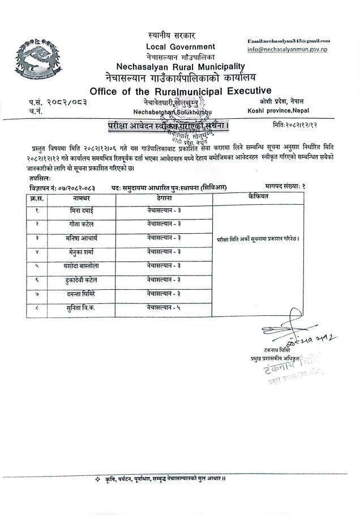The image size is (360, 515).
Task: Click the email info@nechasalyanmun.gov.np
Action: (290, 50)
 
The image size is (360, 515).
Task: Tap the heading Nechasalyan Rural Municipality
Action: (181, 66)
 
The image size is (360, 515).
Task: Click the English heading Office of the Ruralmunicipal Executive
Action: (181, 91)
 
